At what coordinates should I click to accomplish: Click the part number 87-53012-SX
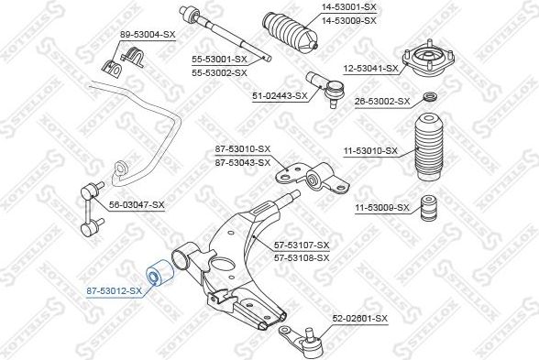click(x=114, y=291)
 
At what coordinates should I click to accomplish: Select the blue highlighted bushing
click(x=160, y=273)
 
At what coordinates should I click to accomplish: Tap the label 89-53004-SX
click(x=148, y=35)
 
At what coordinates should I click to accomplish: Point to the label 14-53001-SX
click(x=349, y=7)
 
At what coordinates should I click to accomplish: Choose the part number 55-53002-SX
click(x=219, y=73)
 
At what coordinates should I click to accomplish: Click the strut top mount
click(x=429, y=59)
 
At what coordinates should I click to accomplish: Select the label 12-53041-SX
click(x=370, y=69)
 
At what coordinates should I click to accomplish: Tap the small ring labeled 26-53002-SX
click(x=430, y=97)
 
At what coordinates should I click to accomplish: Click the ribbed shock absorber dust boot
click(x=429, y=148)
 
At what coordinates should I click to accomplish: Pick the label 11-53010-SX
click(x=370, y=151)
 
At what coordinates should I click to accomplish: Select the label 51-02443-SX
click(x=280, y=96)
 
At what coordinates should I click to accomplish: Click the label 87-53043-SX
click(x=243, y=162)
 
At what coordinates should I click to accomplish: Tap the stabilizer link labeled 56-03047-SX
click(x=92, y=209)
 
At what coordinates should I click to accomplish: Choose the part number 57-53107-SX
click(x=302, y=245)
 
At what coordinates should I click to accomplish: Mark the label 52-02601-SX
click(x=359, y=319)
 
